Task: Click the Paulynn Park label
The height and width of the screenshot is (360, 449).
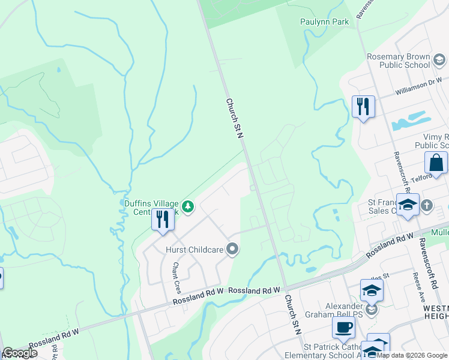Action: pos(324,22)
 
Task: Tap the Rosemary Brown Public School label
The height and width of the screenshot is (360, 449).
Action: pos(399,61)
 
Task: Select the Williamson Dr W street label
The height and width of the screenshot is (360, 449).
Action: pos(419,88)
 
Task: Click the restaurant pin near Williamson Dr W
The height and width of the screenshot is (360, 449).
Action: pos(363,107)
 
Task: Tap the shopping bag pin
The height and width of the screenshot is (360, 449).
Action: pos(435,163)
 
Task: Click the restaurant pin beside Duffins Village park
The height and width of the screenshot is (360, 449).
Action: pos(162,219)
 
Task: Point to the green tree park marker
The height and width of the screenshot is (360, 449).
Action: pos(188,207)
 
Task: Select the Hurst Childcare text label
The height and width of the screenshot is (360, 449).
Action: pos(195,249)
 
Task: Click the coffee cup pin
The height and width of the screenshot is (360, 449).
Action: pos(343,328)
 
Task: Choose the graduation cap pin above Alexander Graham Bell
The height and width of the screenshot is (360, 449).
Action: pos(372,290)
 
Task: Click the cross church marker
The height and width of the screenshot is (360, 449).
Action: pos(427,205)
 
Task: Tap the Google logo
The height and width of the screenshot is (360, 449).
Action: pos(19,353)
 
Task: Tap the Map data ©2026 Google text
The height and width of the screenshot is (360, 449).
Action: pos(412,355)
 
